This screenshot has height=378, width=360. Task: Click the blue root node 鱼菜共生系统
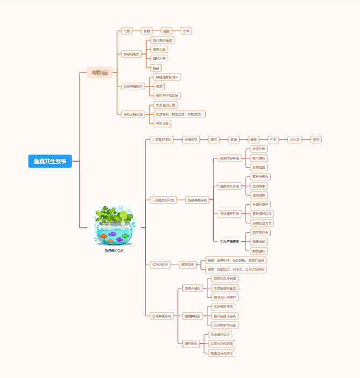(x=50, y=161)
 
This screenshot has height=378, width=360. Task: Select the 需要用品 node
(x=100, y=72)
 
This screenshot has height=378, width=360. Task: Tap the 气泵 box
(x=127, y=31)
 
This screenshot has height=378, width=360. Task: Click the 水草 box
(x=186, y=31)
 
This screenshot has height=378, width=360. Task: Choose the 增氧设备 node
(x=160, y=49)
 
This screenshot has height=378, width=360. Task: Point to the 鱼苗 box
(x=156, y=68)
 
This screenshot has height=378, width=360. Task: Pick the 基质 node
(x=160, y=86)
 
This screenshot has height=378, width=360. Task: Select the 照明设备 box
(x=162, y=123)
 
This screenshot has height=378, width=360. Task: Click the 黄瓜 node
(x=214, y=140)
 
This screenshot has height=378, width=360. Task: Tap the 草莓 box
(x=253, y=140)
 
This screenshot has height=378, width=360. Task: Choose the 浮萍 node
(x=316, y=140)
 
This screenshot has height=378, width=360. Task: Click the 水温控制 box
(x=258, y=149)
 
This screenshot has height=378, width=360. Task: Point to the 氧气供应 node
(x=258, y=158)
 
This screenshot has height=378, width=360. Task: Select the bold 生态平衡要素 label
(x=229, y=242)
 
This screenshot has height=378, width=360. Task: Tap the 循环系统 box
(x=191, y=344)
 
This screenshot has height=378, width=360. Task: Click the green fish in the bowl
(x=125, y=235)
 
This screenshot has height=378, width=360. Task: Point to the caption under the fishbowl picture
(x=114, y=251)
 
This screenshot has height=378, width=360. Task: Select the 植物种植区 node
(x=192, y=316)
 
